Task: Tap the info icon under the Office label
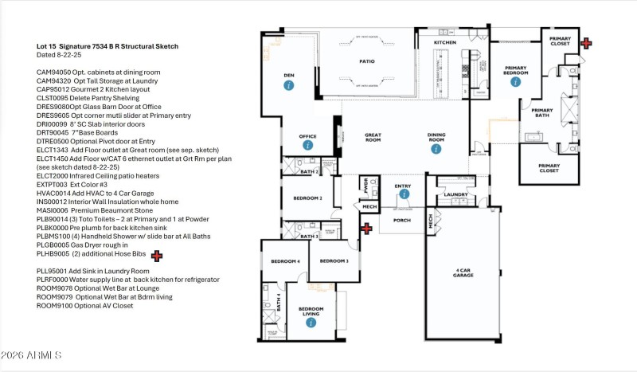pos(307,146)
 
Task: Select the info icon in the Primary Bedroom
pos(515,81)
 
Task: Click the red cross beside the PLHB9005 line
pos(157,256)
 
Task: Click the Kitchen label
pos(444,42)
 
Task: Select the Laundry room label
pos(455,194)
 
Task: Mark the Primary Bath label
pos(542,113)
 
